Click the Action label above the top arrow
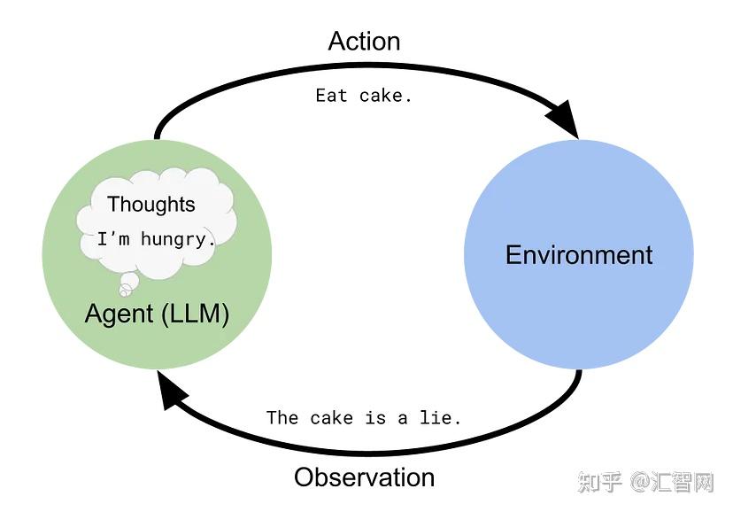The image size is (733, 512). click(x=364, y=42)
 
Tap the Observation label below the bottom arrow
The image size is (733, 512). click(x=364, y=477)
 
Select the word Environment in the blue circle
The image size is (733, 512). click(x=579, y=255)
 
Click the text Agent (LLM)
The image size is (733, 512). click(x=157, y=314)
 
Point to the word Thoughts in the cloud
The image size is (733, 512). click(x=150, y=204)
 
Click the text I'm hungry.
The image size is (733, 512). click(x=157, y=239)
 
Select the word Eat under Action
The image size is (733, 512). click(x=331, y=96)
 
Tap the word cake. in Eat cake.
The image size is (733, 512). click(x=386, y=96)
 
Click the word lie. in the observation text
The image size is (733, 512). click(x=440, y=417)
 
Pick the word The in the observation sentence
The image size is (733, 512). click(x=282, y=417)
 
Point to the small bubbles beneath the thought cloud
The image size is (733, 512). click(x=127, y=284)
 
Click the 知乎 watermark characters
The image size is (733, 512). click(x=600, y=482)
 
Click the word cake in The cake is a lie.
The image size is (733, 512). click(x=331, y=417)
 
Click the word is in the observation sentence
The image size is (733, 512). click(x=375, y=417)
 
